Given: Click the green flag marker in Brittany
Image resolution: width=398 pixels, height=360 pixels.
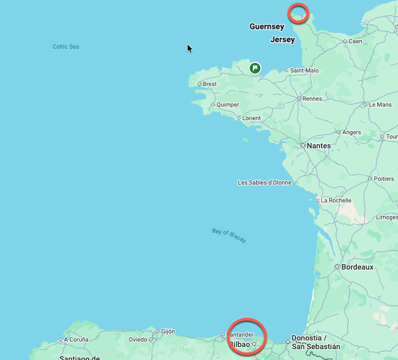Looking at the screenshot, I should pos(255,68).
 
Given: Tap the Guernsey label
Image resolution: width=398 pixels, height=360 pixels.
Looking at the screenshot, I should pos(266,27).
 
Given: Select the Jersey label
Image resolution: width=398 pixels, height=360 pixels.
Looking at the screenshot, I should pos(282,40).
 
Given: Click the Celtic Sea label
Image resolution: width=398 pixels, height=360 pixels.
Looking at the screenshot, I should pos(66,47).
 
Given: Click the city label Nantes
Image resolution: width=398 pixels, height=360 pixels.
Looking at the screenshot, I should pos(318,146).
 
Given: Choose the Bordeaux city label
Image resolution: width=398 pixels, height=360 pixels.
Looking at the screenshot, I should pos(357,267).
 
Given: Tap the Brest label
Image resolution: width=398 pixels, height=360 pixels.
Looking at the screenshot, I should pos(210,84).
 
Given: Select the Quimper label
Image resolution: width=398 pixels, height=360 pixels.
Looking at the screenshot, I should pos(227,105).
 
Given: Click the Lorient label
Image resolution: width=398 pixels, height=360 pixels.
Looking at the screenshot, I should pos(251,118).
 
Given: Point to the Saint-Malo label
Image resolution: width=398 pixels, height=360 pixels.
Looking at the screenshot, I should pos(304,70).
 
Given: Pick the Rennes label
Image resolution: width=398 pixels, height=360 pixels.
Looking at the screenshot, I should pos(312,99).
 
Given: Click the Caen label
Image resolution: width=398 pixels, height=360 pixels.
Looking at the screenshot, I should pos(355,41).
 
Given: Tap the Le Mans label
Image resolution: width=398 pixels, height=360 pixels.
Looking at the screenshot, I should pos(380,104).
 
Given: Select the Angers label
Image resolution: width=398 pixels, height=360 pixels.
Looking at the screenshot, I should pos(351,132).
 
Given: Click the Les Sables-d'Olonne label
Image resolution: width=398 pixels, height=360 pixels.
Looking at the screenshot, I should pos(265,182).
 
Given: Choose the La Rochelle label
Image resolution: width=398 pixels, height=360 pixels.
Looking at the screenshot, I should pos(336,200).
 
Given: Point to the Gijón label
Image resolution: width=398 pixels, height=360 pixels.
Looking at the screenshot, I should pos(168,331).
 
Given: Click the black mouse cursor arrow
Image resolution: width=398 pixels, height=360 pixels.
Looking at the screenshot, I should pos(190,48).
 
